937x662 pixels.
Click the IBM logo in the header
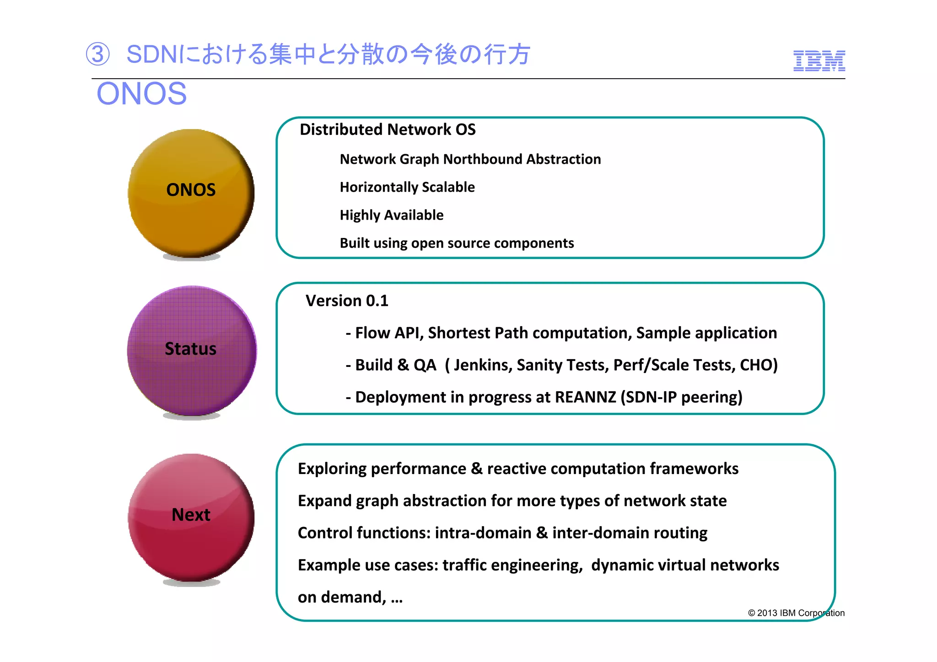point(819,61)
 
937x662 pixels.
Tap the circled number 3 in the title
point(98,54)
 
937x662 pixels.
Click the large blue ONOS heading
point(141,94)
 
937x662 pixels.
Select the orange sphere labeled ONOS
point(191,192)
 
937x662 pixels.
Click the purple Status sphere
point(191,350)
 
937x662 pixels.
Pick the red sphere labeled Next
point(191,517)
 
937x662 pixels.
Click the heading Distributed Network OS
point(388,129)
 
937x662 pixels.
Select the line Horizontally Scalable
point(407,187)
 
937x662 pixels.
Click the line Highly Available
point(392,215)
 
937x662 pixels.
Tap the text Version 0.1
point(347,301)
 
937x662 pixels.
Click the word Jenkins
point(482,365)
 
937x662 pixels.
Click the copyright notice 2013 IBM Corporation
point(796,613)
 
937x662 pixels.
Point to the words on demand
point(341,597)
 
